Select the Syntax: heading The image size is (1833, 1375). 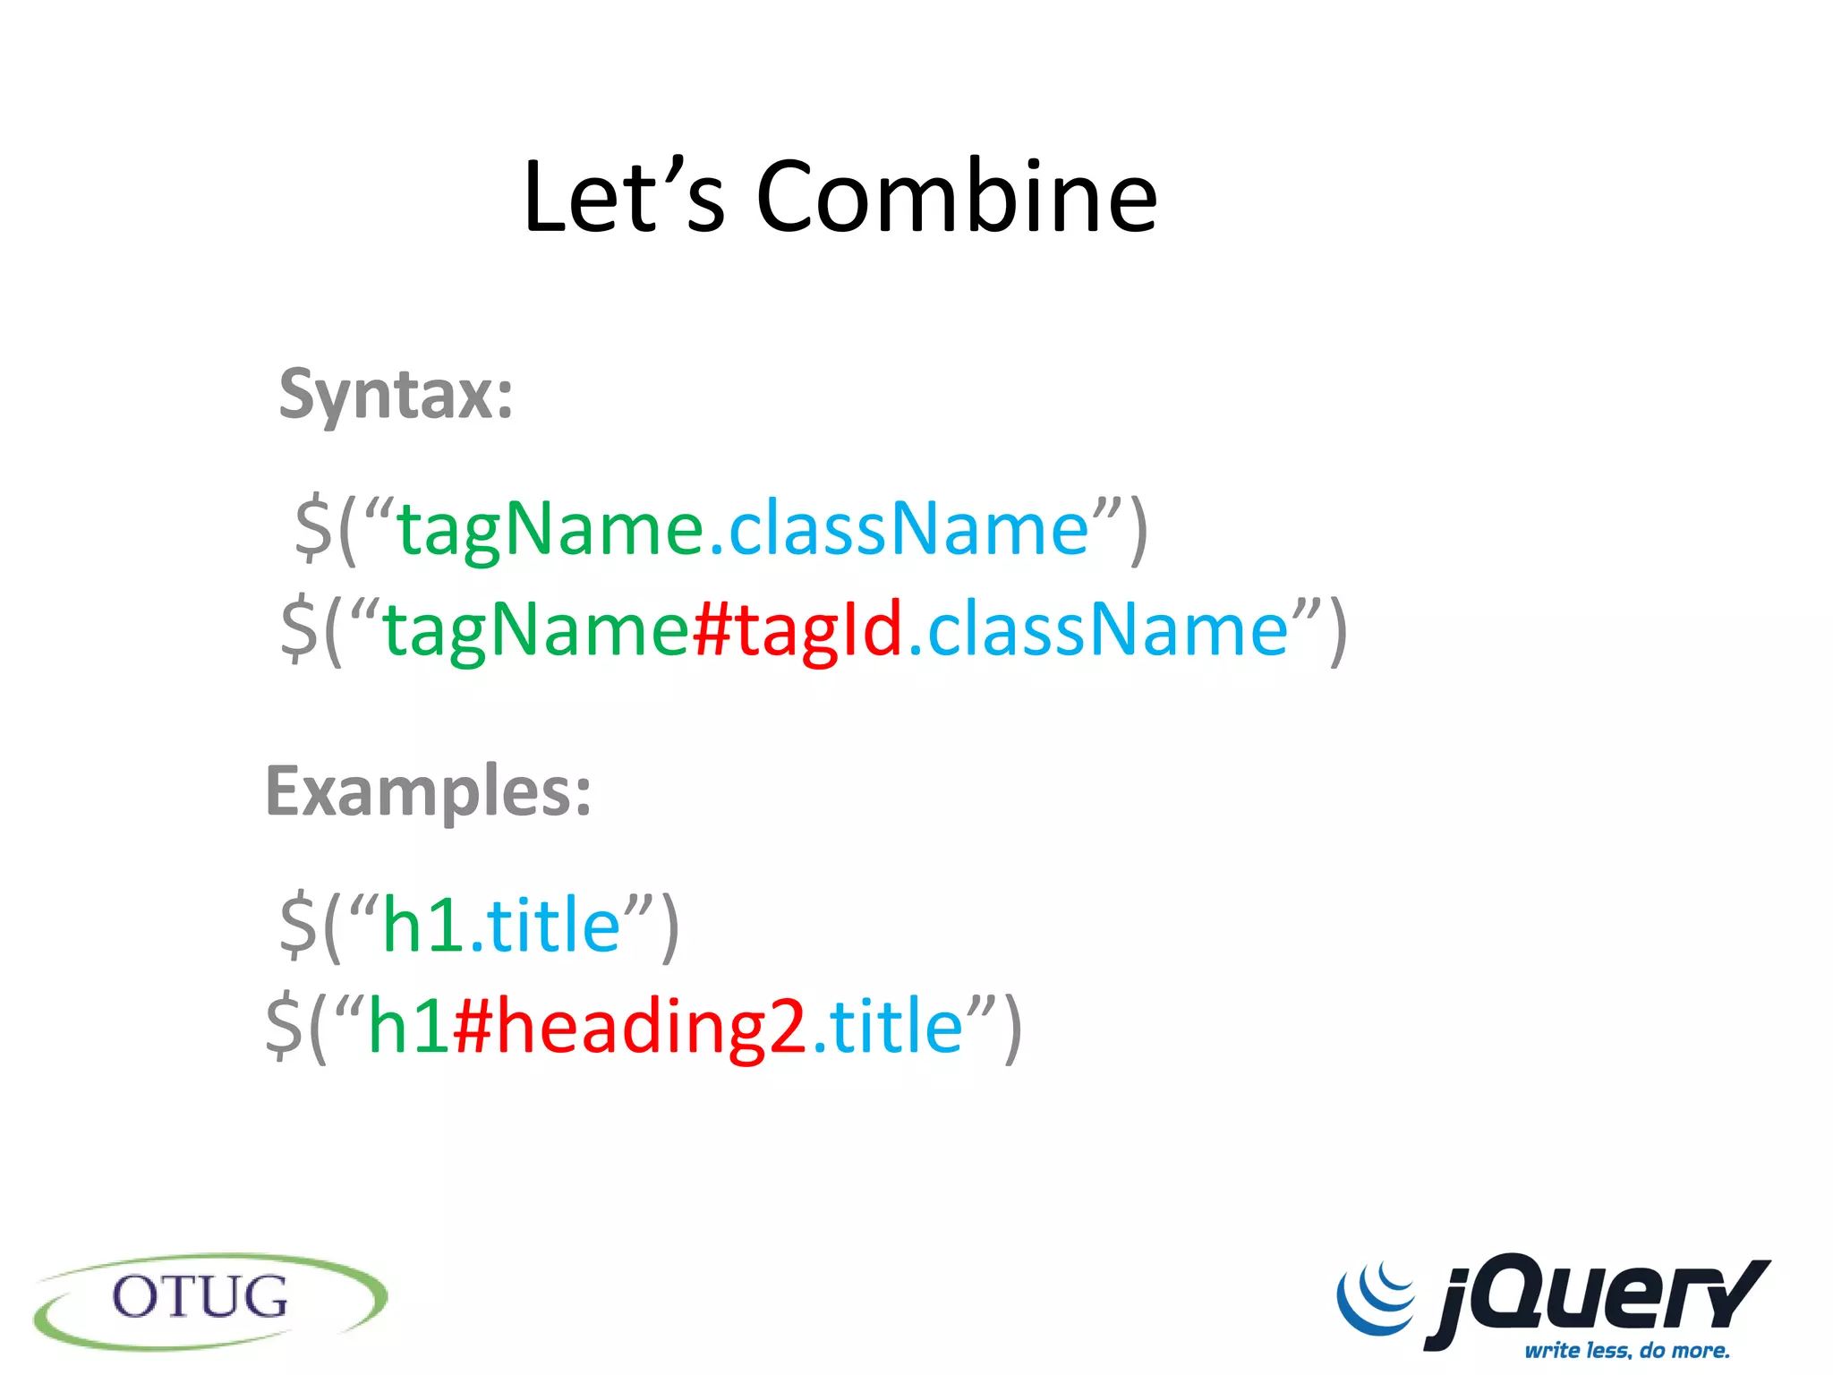tap(396, 394)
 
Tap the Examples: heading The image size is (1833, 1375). tap(429, 792)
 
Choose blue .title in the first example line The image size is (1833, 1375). tap(546, 925)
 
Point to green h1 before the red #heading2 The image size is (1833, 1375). tap(408, 1027)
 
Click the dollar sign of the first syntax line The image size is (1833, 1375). tap(313, 530)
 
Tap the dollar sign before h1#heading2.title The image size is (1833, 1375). tap(285, 1027)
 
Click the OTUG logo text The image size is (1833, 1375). tap(200, 1297)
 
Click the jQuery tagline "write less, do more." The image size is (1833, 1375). tap(1627, 1350)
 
